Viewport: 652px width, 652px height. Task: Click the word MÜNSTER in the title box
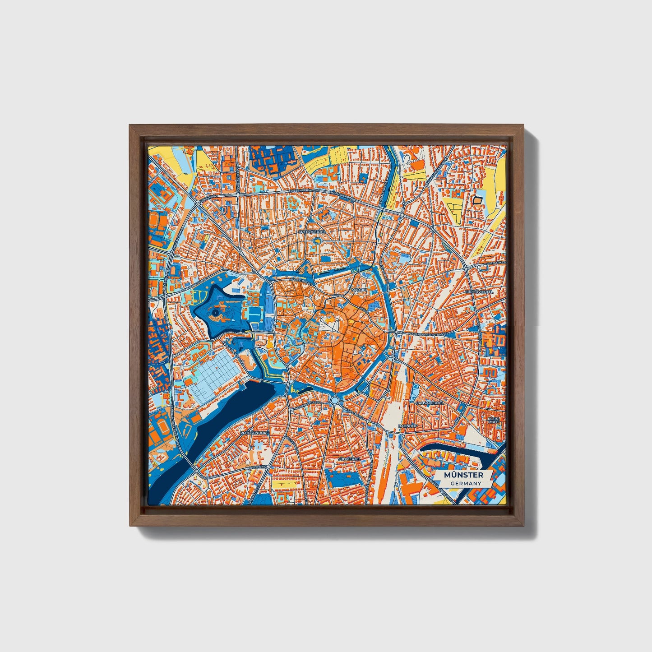click(463, 475)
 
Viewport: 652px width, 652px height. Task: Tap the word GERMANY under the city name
click(465, 483)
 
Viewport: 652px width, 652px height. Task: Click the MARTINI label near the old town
click(360, 290)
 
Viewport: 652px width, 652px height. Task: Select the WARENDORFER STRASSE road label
click(426, 334)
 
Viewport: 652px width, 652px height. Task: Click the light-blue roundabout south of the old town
click(334, 400)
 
